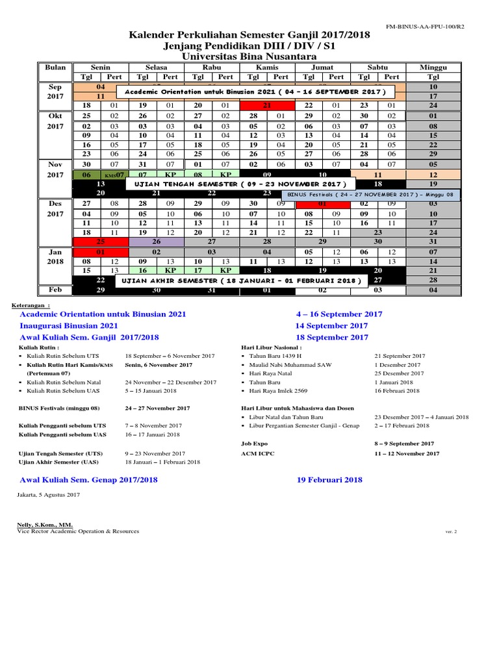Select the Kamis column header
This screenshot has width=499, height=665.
pos(267,67)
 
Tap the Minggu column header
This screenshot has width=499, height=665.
pos(433,67)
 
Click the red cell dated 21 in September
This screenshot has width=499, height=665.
pos(267,105)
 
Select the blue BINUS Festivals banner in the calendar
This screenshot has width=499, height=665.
pos(370,194)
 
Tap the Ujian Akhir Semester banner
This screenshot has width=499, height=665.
pos(241,280)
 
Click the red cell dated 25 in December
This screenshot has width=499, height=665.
pos(100,241)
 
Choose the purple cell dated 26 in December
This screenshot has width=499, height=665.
pos(156,241)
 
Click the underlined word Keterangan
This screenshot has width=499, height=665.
pos(30,304)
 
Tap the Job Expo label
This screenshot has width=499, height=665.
pos(254,443)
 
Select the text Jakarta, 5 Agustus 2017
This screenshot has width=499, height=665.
pos(49,495)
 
